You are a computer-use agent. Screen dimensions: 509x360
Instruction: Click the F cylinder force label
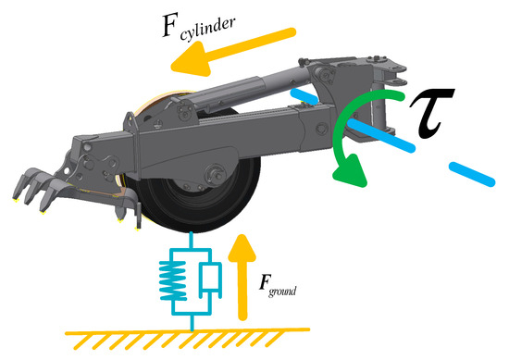(x=199, y=27)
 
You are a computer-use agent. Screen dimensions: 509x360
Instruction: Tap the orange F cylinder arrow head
(x=192, y=61)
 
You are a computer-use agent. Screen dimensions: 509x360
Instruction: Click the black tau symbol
(x=432, y=113)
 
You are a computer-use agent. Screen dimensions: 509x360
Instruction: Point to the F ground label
(x=278, y=286)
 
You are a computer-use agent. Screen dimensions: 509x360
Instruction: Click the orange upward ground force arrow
(x=242, y=278)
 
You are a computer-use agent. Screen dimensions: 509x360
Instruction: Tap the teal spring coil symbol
(x=173, y=280)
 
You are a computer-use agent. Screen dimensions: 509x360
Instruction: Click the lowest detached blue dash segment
(x=472, y=174)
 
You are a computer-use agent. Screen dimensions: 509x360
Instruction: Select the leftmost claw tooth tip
(x=15, y=198)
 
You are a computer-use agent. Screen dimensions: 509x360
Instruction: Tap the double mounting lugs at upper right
(x=393, y=74)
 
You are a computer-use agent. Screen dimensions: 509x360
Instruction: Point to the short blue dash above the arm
(x=304, y=96)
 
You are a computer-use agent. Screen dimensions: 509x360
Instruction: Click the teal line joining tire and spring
(x=192, y=241)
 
